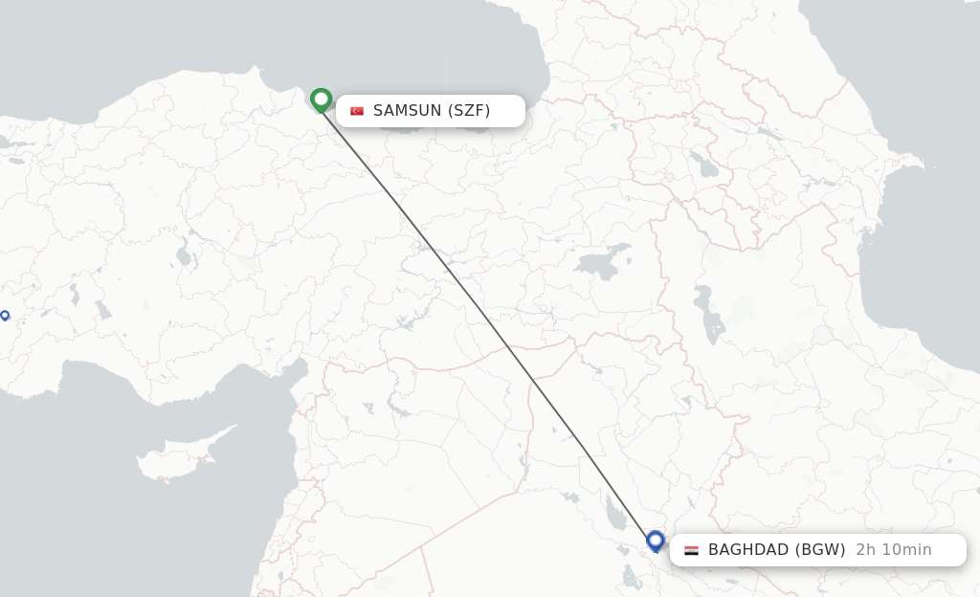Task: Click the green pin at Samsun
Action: coord(321,99)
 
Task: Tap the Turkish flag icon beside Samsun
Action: coord(357,111)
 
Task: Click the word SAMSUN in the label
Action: coord(408,111)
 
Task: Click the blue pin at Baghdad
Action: coord(656,541)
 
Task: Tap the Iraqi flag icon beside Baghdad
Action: coord(691,550)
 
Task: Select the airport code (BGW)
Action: coord(820,550)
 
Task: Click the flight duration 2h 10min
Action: coord(894,550)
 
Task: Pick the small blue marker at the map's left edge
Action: coord(5,315)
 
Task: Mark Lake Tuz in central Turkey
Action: coord(183,255)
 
